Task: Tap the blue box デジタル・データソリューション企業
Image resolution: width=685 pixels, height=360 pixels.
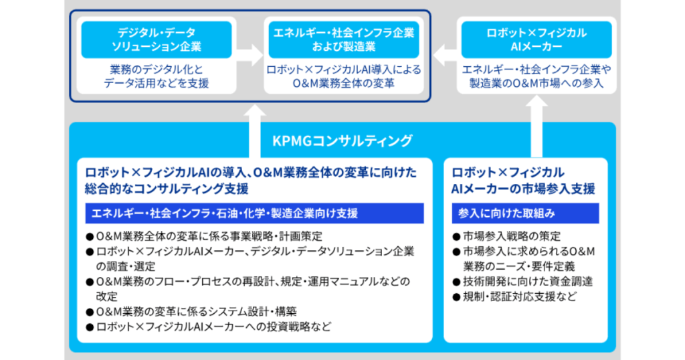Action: (157, 39)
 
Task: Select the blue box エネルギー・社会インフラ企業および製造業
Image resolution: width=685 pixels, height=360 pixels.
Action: (342, 39)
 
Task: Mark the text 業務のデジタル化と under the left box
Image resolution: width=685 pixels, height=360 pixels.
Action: (157, 70)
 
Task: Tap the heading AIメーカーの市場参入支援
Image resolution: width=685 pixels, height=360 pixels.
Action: (523, 189)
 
